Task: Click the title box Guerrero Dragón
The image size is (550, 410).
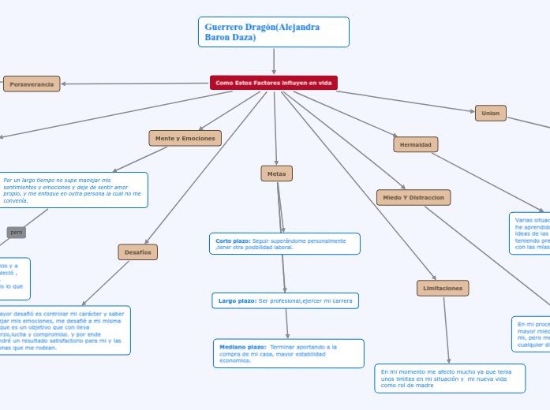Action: click(x=274, y=32)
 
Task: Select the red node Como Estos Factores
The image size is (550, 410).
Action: click(x=274, y=83)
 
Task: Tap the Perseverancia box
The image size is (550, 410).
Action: click(x=32, y=84)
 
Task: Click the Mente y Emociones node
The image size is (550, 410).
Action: click(x=185, y=138)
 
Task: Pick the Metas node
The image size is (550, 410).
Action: click(x=276, y=173)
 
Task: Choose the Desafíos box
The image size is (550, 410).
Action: click(x=138, y=252)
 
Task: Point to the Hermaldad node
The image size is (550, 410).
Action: click(x=416, y=144)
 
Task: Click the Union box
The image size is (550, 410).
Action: click(x=490, y=113)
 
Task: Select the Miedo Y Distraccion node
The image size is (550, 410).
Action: click(x=413, y=197)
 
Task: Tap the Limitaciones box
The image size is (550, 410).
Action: click(x=443, y=288)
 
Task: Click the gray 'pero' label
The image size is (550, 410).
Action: click(x=17, y=232)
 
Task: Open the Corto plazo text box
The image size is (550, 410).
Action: click(x=285, y=244)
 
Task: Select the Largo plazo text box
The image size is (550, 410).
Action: click(x=285, y=300)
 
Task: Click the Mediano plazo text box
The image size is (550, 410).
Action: click(x=289, y=353)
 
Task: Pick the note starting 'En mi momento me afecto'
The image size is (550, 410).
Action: click(x=450, y=378)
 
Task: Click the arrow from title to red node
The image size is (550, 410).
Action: click(x=274, y=61)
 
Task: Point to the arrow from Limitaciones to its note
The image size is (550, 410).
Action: click(x=447, y=331)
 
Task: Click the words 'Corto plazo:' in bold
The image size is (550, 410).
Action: click(x=233, y=240)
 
